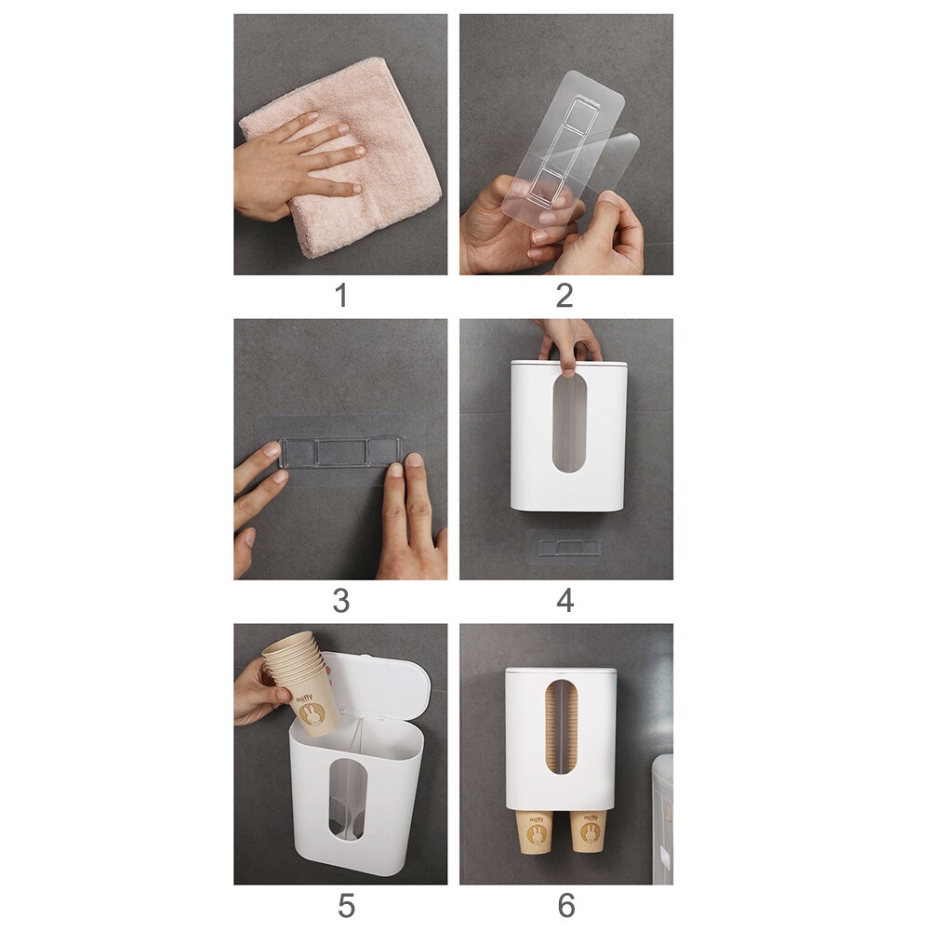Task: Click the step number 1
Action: click(340, 296)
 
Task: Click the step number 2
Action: click(565, 296)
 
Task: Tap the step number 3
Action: click(340, 601)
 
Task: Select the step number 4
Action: click(565, 601)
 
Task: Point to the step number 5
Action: click(345, 906)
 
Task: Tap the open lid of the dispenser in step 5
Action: click(377, 688)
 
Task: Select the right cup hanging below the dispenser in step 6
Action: click(588, 830)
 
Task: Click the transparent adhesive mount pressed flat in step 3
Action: click(340, 453)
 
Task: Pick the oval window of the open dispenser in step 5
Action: click(348, 800)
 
